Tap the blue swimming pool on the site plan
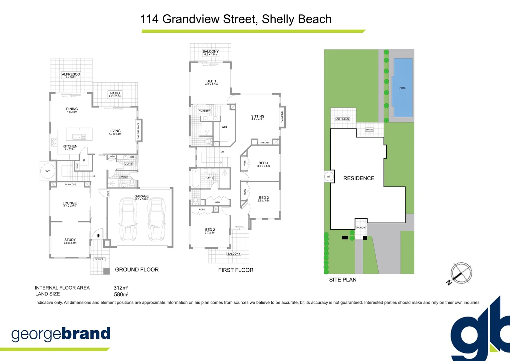[403, 88]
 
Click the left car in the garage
[128, 219]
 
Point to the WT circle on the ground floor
[47, 171]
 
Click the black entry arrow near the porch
[98, 236]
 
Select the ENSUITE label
[204, 111]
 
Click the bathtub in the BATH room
[195, 179]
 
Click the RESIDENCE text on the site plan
[359, 178]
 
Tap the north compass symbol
[461, 273]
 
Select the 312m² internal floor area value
[120, 288]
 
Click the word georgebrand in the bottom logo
[61, 334]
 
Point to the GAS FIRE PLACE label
[139, 130]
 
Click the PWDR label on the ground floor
[123, 177]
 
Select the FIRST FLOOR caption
[236, 270]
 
